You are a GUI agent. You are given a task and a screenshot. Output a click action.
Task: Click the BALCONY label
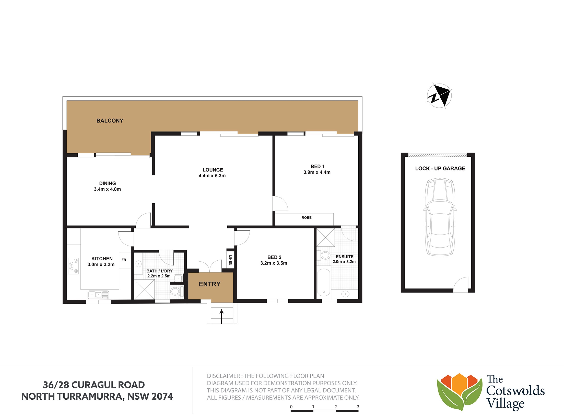point(110,121)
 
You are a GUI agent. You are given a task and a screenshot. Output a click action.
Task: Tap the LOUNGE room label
point(213,170)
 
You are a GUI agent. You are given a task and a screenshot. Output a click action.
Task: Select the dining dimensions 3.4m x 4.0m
point(107,189)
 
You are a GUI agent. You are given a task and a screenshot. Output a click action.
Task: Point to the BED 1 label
point(318,167)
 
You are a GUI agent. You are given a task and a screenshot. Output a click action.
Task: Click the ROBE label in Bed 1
point(307,218)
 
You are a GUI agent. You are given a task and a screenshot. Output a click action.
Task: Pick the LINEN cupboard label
point(230,260)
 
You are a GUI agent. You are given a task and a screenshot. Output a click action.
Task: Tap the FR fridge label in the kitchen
point(124,260)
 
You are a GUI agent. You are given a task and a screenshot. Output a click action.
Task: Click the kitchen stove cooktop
point(73,265)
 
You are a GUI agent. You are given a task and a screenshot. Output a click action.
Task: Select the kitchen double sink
point(98,295)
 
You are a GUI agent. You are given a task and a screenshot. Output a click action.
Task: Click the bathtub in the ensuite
point(324,282)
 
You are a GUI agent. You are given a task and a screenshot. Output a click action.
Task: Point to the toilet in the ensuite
point(324,255)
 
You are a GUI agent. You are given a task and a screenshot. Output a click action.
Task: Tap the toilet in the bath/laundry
point(177,291)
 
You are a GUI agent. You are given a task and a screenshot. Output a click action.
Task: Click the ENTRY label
point(210,284)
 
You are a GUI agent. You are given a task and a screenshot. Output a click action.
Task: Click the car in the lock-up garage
point(440,217)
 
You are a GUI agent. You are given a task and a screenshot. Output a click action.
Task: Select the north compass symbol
point(439,96)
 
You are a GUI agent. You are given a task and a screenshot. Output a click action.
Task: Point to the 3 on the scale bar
point(358,407)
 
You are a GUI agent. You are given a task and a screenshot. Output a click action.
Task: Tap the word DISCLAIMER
point(224,376)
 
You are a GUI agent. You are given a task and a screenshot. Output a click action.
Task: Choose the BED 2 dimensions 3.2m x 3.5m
point(274,263)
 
